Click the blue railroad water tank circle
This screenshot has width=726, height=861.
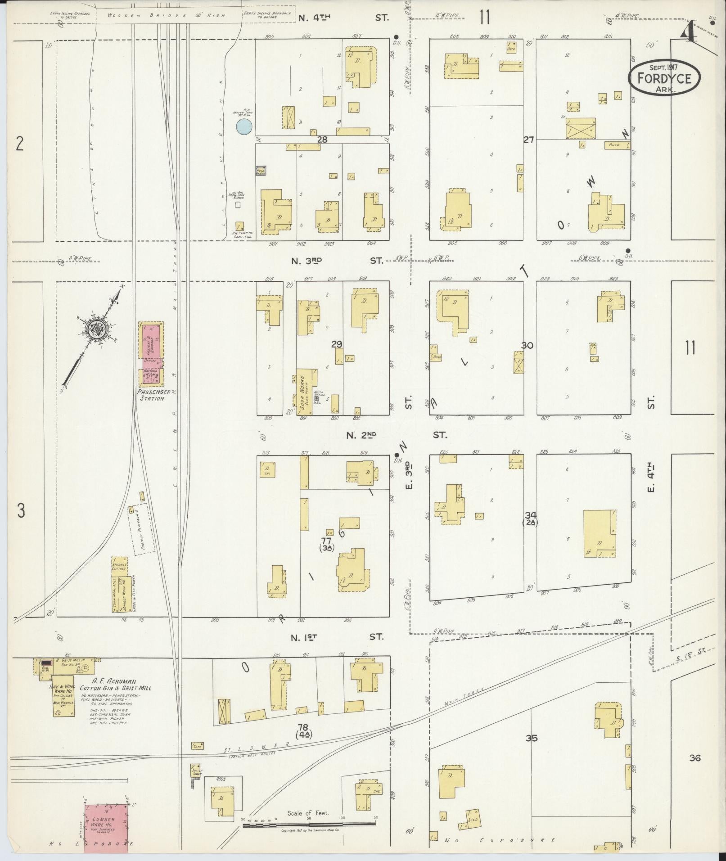[244, 126]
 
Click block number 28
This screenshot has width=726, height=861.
[322, 140]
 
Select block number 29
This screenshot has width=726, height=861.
[336, 344]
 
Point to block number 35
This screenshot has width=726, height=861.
[532, 738]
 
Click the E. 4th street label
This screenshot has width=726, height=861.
[651, 479]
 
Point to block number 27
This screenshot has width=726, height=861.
[528, 140]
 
